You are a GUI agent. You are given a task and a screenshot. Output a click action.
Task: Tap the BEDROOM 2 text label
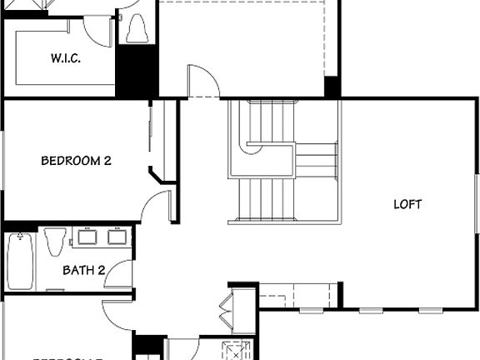click(76, 161)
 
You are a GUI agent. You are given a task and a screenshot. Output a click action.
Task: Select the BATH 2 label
click(84, 269)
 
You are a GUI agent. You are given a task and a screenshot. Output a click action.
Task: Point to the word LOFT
click(407, 204)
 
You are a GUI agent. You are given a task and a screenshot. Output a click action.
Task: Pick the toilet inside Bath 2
click(55, 242)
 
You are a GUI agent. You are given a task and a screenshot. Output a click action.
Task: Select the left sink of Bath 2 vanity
click(87, 237)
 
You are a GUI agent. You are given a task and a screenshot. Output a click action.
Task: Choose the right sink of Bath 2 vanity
click(116, 237)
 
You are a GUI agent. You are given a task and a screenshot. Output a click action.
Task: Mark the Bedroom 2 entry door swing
click(156, 205)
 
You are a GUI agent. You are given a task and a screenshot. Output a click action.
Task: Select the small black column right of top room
click(332, 87)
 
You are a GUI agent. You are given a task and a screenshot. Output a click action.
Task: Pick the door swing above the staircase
click(204, 81)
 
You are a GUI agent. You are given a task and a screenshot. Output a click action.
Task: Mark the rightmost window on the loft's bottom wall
click(430, 310)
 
